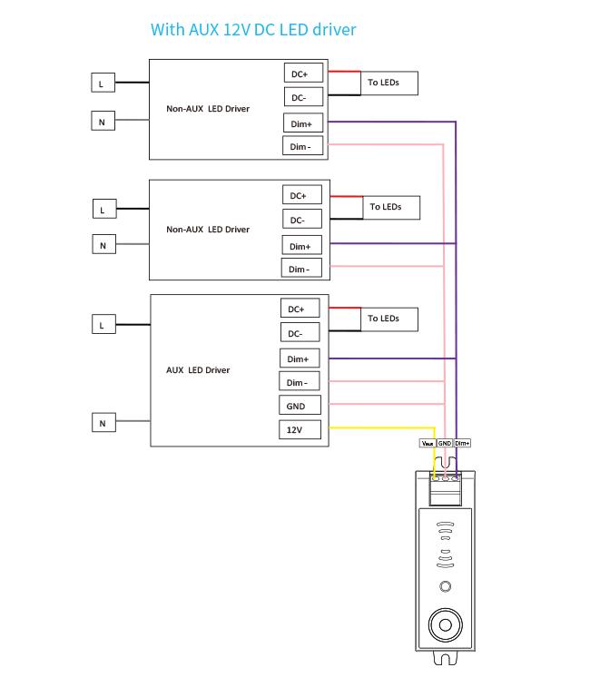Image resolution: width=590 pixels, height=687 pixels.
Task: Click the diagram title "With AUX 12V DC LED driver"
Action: pos(253,30)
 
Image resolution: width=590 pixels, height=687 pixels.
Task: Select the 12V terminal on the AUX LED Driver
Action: pos(300,429)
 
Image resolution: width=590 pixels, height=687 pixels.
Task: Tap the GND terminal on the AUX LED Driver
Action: pos(300,406)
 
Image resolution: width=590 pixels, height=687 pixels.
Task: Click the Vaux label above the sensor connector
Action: pos(428,443)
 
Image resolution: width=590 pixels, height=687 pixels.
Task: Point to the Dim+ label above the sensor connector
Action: pos(462,443)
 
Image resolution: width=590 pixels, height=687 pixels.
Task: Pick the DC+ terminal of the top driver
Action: pos(303,74)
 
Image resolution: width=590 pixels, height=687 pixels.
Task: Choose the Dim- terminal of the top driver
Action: pos(303,146)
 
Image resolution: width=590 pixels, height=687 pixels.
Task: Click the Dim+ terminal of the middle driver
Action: pos(302,245)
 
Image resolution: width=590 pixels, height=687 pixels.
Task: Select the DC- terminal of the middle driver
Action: pos(302,219)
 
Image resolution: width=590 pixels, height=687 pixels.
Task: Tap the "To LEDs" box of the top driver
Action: pos(389,83)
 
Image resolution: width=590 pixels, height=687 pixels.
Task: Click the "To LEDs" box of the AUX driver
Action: pos(389,319)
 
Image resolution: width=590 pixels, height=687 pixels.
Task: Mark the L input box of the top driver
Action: pos(103,83)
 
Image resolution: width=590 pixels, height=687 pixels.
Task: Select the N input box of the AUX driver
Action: pos(103,422)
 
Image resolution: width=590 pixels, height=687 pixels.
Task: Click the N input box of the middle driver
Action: pos(104,244)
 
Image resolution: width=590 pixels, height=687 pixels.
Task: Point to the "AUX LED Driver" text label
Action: pos(198,370)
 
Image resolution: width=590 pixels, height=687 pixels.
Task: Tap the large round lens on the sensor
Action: pos(446,624)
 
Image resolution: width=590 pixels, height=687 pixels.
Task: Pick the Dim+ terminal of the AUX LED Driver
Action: pos(300,358)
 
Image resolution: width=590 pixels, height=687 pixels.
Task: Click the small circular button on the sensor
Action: pos(446,586)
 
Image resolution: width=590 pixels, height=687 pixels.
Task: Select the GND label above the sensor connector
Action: pos(445,443)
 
